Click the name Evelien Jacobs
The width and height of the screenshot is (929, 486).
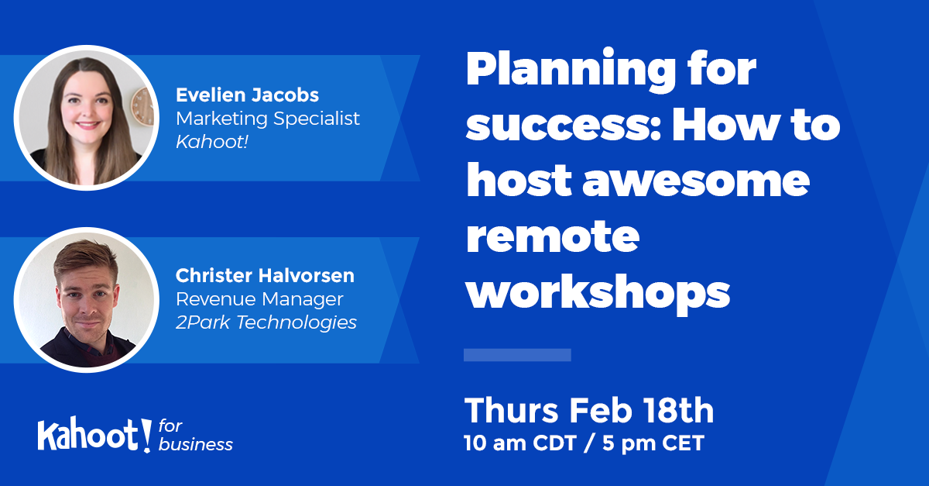(x=247, y=95)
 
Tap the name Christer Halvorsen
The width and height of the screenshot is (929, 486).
(x=265, y=275)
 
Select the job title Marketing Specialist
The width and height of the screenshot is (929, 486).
(x=268, y=119)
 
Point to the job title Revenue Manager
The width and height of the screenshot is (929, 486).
(x=259, y=299)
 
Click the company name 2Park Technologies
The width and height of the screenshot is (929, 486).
(x=266, y=322)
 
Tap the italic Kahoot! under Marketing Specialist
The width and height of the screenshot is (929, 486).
(x=212, y=142)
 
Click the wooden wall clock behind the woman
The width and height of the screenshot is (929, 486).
(x=143, y=107)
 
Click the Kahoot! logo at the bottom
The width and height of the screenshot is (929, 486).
(x=94, y=435)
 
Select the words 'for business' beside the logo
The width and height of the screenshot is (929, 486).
(x=195, y=436)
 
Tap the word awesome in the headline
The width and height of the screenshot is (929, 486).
(x=696, y=181)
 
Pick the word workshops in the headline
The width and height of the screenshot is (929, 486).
(x=598, y=292)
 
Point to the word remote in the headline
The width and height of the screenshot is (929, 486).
(x=553, y=236)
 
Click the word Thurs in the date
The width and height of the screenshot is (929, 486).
(x=512, y=411)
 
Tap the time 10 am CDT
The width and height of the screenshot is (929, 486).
(x=520, y=443)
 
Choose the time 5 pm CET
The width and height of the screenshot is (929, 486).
(x=653, y=443)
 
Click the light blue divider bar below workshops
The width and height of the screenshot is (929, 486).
(x=517, y=355)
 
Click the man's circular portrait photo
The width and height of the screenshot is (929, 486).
(x=86, y=300)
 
